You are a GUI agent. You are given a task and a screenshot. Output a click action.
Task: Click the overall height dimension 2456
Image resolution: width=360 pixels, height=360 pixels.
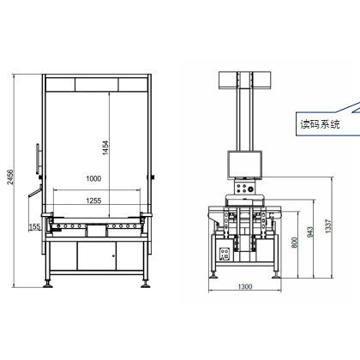coord(10,177)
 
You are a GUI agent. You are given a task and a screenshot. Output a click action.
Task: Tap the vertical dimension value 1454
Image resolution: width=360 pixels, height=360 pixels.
coord(105,147)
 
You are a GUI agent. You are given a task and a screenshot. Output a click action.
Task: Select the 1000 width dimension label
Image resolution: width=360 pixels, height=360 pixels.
coord(93,178)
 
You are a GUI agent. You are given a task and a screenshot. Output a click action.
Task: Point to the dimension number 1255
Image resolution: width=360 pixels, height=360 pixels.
coord(93,201)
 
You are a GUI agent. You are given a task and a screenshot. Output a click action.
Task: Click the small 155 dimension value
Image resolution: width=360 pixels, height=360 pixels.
coord(34,226)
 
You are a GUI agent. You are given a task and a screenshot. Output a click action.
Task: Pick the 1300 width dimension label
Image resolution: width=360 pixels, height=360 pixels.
coord(245,286)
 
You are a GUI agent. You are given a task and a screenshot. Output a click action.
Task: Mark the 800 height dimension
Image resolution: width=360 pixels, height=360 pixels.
coord(295,243)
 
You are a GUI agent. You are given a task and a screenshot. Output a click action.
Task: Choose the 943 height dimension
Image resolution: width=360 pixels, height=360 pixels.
coord(310,231)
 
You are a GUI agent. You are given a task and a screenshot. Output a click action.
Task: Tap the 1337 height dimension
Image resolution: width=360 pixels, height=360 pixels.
coord(328,226)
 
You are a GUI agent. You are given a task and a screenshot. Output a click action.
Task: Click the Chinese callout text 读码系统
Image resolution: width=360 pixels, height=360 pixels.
coord(320,124)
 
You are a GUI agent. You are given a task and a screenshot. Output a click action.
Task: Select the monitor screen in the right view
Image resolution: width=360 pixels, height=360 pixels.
coord(244,165)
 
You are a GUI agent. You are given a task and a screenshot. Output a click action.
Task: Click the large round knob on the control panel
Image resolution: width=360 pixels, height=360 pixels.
coord(250,189)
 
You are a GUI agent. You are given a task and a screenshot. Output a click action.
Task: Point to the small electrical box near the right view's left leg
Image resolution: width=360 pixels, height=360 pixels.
coord(225,254)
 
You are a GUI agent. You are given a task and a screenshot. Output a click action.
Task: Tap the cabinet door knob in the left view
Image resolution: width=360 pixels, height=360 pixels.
coord(113,255)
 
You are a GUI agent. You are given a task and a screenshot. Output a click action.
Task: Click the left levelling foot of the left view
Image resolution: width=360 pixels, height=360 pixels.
coord(47,284)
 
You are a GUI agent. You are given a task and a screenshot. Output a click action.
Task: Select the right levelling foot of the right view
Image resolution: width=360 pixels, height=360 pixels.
coord(276,274)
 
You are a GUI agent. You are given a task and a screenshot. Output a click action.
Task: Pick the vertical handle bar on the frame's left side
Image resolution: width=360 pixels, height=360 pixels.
coord(38,159)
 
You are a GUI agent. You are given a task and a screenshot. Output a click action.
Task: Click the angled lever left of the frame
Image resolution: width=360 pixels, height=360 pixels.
coord(34,192)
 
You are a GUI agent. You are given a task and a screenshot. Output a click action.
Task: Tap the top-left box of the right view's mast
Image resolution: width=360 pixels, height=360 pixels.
coord(227,80)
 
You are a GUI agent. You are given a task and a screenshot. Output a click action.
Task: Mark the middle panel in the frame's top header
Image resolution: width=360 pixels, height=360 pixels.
coord(97,85)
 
